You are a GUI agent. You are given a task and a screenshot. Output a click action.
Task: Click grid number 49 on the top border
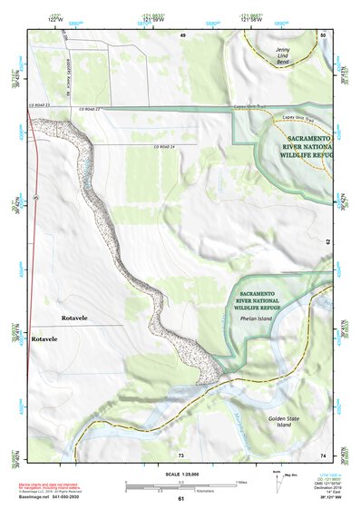181,34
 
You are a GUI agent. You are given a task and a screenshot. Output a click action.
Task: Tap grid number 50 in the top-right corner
323,34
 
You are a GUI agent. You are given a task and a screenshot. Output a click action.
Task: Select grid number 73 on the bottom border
181,454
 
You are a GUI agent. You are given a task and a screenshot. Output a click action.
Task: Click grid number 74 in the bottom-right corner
323,454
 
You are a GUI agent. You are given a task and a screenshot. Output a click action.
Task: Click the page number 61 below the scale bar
181,500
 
